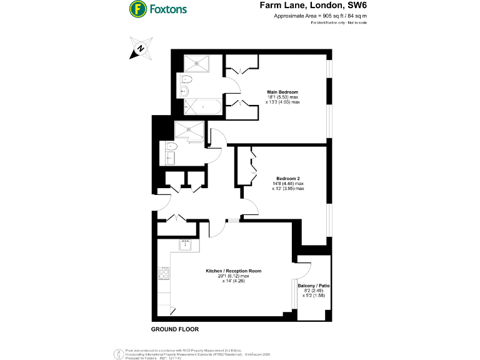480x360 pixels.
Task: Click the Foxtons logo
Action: click(x=157, y=9)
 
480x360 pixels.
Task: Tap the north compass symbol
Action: click(x=141, y=49)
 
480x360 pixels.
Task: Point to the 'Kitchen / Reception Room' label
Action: click(x=233, y=271)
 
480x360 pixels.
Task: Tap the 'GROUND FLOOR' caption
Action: click(x=174, y=329)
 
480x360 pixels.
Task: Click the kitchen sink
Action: click(x=186, y=246)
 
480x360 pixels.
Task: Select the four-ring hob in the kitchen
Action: click(x=166, y=273)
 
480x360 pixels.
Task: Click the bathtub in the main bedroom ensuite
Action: click(x=202, y=106)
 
